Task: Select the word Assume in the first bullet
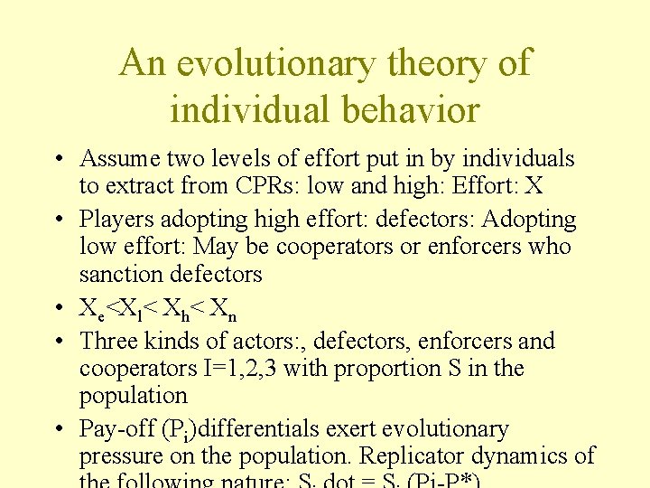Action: (119, 159)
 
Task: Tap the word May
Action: (216, 247)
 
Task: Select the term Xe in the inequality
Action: (90, 309)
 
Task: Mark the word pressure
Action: (117, 456)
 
